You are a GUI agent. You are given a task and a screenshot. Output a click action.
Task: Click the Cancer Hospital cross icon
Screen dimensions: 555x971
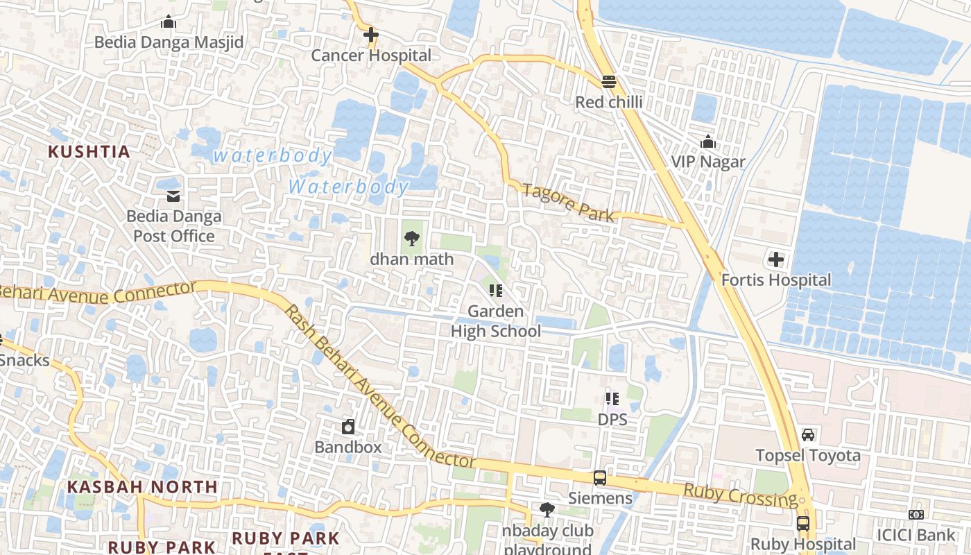coord(371,34)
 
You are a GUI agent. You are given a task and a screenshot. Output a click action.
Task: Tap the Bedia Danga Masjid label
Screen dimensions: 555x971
coord(169,42)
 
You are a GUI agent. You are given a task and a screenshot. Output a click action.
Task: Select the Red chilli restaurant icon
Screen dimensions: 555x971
coord(609,82)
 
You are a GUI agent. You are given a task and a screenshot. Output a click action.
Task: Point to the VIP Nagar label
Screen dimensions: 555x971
coord(707,162)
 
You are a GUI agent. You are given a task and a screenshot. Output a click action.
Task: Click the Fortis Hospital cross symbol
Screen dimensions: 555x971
coord(775,260)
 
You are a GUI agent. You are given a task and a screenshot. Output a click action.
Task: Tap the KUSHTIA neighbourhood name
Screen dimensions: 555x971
coord(89,151)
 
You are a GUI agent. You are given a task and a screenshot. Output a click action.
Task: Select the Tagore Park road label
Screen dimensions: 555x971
coord(568,203)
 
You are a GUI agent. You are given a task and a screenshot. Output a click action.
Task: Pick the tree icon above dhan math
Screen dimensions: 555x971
coord(412,239)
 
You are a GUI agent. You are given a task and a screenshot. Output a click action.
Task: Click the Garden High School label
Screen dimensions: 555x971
coord(495,321)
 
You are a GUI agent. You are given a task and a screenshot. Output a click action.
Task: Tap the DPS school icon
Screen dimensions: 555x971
coord(612,399)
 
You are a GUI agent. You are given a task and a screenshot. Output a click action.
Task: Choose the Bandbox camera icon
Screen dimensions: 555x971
coord(348,427)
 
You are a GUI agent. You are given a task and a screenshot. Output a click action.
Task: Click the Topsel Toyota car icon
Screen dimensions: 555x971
coord(808,435)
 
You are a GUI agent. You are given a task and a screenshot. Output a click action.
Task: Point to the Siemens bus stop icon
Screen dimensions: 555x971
coord(600,478)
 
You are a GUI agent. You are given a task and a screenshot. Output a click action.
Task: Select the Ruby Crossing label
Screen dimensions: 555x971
coord(740,495)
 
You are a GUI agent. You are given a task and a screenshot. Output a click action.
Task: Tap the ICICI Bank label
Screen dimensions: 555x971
coord(916,535)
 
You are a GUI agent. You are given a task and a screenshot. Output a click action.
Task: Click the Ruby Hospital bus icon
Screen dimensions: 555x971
coord(803,524)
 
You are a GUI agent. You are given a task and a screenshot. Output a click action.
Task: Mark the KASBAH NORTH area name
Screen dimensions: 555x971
coord(143,487)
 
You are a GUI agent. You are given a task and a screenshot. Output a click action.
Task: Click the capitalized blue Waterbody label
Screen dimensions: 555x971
coord(349,187)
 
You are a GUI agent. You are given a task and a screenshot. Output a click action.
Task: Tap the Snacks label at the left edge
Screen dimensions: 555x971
coord(25,360)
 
